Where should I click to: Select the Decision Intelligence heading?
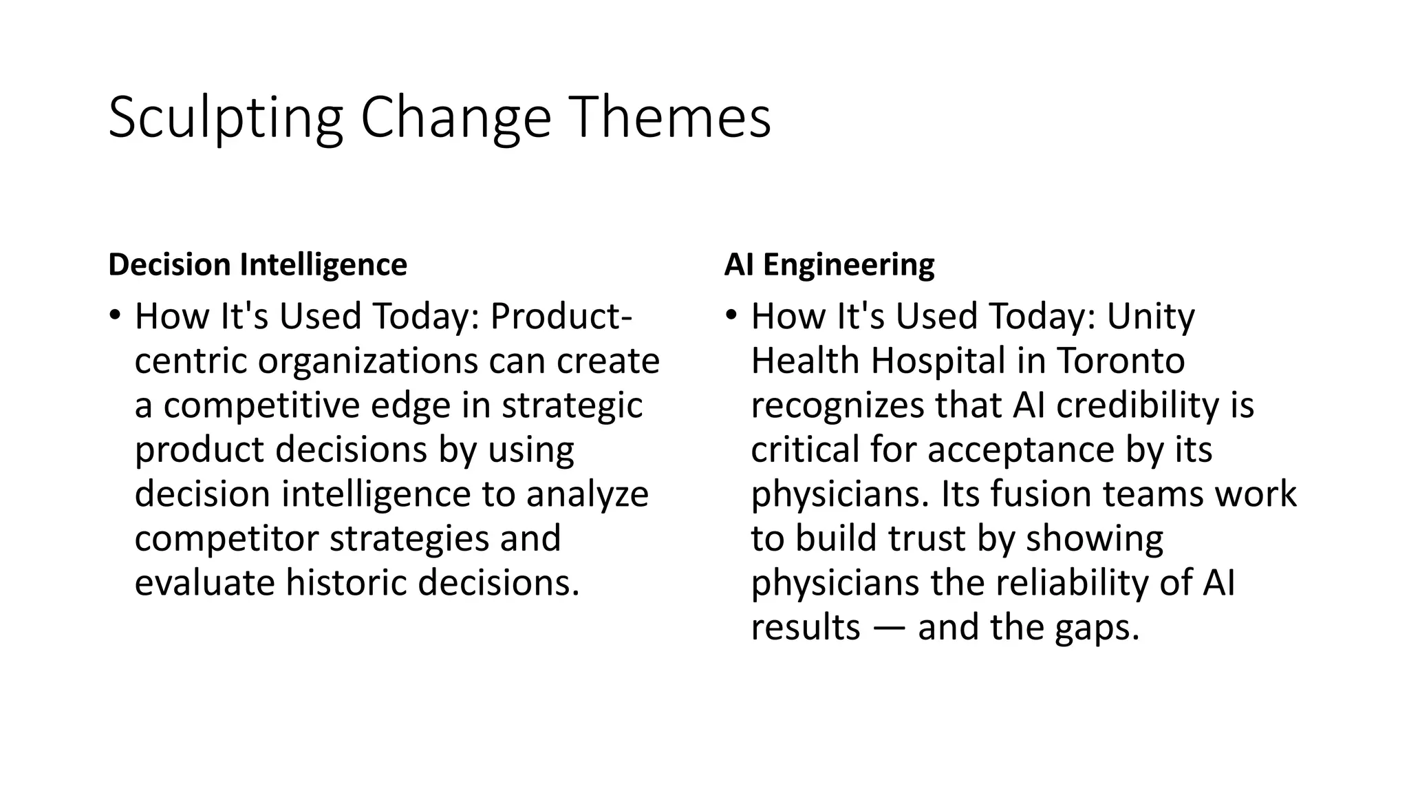pos(257,265)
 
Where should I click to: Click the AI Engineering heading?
pos(829,265)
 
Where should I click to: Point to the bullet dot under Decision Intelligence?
pos(114,317)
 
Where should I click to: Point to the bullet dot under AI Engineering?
pos(731,317)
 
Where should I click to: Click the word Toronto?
pos(1121,361)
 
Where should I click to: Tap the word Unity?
pos(1150,317)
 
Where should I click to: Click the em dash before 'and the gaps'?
pos(889,628)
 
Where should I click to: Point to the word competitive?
pos(261,405)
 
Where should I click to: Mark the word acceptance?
pos(1020,450)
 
